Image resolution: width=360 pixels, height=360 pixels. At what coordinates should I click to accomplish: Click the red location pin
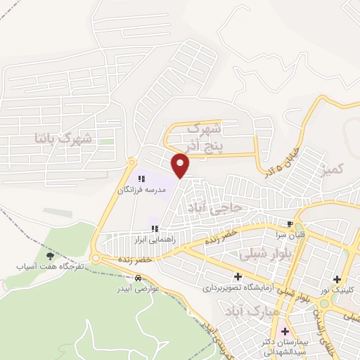(x=181, y=165)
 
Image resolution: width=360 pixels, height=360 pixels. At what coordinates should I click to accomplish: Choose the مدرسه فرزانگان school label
(x=141, y=191)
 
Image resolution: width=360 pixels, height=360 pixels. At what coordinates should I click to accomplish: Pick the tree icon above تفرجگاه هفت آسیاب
(x=49, y=256)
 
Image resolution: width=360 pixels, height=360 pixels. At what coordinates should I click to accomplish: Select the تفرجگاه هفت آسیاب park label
(x=51, y=267)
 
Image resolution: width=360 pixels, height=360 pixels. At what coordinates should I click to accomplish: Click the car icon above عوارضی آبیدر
(x=126, y=277)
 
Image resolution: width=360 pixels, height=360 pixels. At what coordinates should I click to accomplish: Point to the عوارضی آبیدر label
(x=127, y=288)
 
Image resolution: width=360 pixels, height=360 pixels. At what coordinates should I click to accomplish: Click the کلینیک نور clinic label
(x=338, y=290)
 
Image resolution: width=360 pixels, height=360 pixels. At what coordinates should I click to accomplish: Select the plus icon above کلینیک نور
(x=337, y=279)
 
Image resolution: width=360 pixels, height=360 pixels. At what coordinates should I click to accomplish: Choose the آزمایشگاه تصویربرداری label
(x=239, y=288)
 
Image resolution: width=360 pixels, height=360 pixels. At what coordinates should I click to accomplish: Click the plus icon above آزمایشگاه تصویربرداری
(x=239, y=276)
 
